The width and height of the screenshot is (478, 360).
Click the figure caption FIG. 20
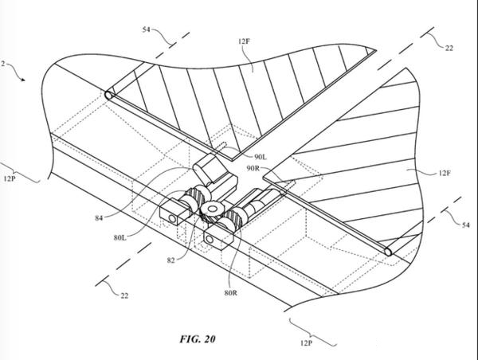[x=198, y=339]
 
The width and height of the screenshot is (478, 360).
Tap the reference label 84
[x=99, y=218]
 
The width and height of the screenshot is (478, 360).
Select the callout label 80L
[x=119, y=237]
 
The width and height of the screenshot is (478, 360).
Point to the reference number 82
[x=171, y=260]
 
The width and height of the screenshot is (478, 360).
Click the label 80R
[x=231, y=293]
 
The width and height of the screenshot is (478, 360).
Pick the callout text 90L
[x=261, y=157]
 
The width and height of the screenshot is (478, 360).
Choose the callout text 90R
[x=253, y=168]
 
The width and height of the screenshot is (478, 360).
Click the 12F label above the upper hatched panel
[x=244, y=41]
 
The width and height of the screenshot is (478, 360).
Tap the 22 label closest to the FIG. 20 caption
[x=124, y=295]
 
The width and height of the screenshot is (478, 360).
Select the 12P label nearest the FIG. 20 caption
[x=306, y=343]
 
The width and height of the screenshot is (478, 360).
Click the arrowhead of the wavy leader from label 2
[x=23, y=80]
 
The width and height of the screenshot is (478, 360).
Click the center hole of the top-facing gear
[x=212, y=209]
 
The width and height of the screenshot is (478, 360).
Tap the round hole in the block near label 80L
[x=173, y=218]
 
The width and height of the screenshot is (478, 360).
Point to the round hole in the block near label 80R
[x=210, y=239]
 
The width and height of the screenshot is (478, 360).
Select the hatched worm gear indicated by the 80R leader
[x=235, y=217]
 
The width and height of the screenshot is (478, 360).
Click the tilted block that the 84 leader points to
[x=211, y=168]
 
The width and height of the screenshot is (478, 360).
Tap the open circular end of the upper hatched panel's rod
[x=109, y=95]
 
